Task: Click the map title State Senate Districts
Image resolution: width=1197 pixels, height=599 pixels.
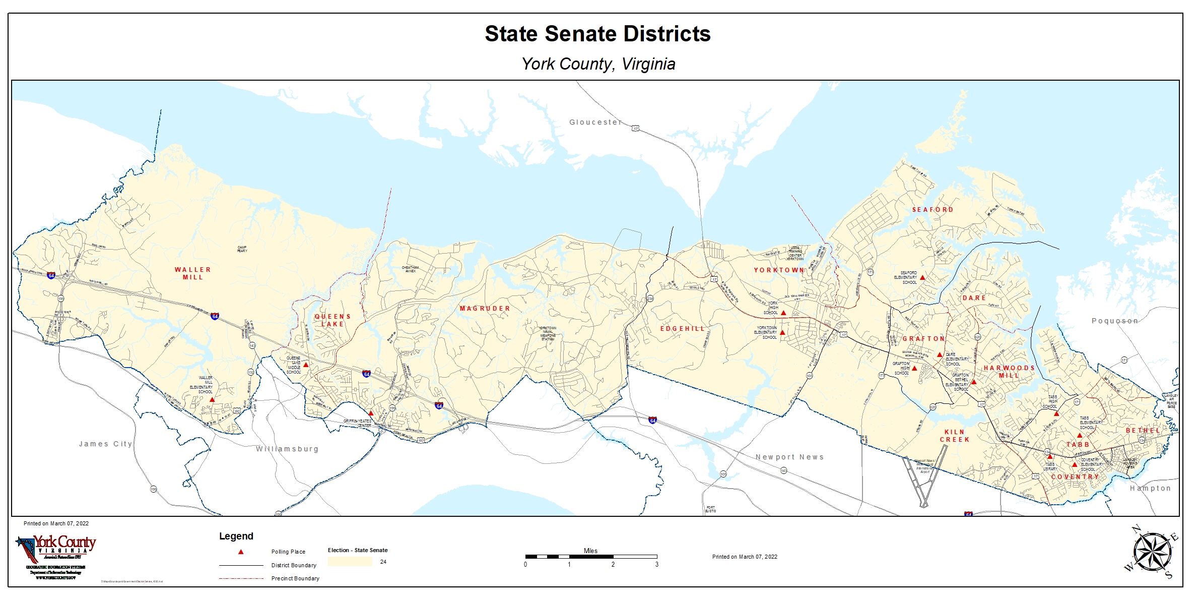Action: tap(597, 34)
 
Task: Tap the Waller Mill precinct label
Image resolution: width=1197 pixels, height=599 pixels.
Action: tap(193, 273)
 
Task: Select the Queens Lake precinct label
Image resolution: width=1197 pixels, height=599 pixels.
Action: tap(332, 320)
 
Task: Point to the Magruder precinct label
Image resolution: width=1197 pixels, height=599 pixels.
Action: tap(485, 308)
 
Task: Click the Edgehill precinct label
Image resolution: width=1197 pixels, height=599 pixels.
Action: tap(683, 328)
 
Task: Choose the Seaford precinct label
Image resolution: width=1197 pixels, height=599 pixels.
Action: tap(933, 209)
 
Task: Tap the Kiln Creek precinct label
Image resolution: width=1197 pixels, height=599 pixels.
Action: tap(954, 436)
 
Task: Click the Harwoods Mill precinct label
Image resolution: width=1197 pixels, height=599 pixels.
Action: tap(1009, 372)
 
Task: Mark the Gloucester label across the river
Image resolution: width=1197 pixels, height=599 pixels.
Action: tap(595, 122)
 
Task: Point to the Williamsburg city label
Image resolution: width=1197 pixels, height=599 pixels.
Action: tap(287, 449)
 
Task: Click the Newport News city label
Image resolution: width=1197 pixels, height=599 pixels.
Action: tap(789, 457)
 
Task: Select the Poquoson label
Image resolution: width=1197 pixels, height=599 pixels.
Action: tap(1114, 321)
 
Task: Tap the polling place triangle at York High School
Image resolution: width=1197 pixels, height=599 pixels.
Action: tap(783, 313)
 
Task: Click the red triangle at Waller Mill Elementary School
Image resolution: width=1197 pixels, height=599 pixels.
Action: tap(212, 399)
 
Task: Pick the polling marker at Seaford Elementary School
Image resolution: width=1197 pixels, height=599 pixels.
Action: tap(922, 277)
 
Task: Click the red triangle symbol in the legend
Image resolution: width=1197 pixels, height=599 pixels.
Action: tap(241, 552)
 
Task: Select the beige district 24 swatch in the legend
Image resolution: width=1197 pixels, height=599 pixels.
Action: tap(350, 562)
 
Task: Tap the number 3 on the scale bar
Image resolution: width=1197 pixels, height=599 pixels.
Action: tap(656, 565)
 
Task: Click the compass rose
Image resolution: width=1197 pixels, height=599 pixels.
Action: tap(1151, 553)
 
